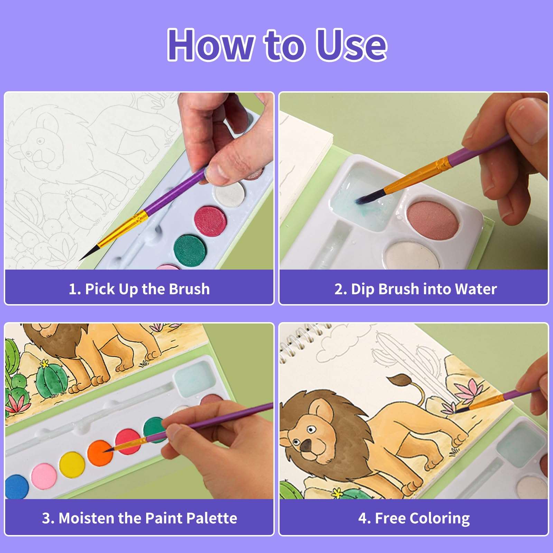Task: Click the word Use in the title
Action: (352, 45)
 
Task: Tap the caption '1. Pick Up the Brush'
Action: (139, 289)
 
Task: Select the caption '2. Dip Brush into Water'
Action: (415, 289)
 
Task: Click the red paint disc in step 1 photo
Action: (210, 221)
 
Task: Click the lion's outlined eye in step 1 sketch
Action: (40, 141)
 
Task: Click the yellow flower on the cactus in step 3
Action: (45, 363)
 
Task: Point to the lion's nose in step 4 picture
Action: (306, 446)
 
